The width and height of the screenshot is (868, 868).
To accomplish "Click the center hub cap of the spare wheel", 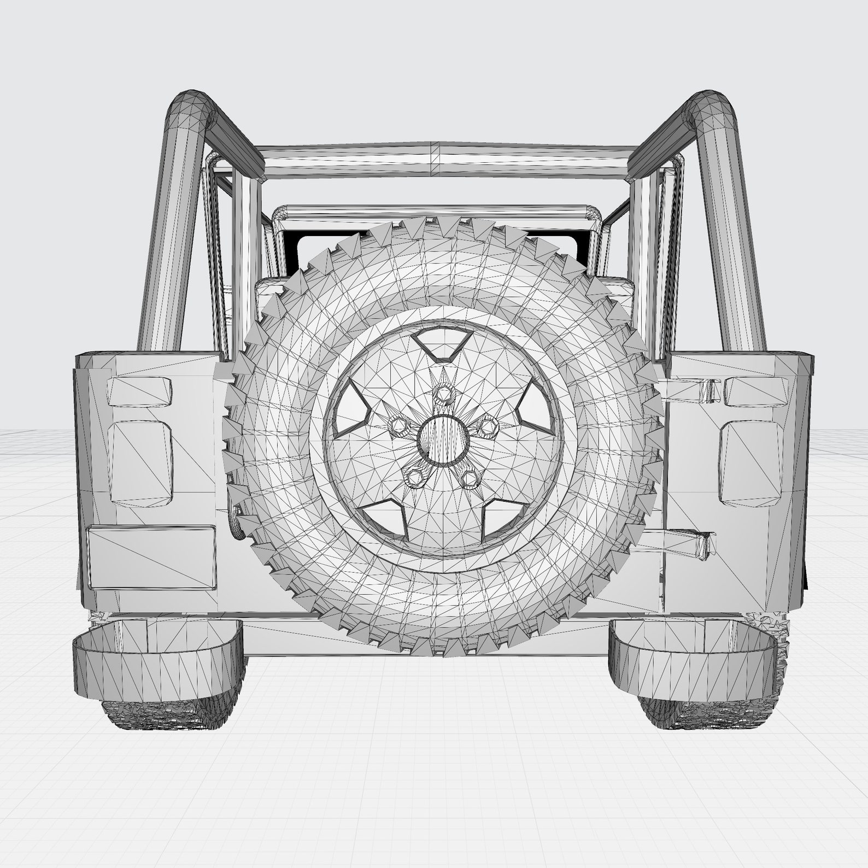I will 443,441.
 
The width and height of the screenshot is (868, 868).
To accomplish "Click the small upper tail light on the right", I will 755,391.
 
